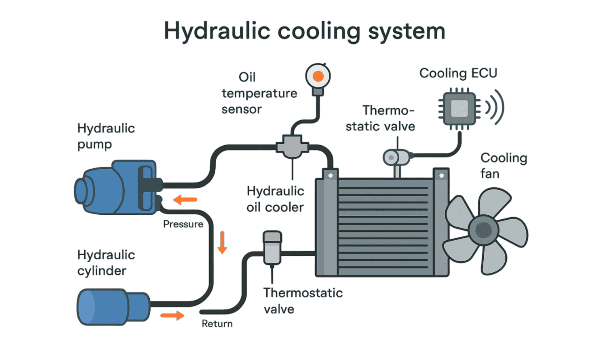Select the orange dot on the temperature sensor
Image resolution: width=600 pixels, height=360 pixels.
[x=318, y=76]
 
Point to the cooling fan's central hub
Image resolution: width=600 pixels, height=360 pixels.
[x=483, y=230]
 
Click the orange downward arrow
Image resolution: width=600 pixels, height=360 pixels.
[x=222, y=242]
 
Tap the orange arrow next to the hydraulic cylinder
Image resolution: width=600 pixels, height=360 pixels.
[x=172, y=315]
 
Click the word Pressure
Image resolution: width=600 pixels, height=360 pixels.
[x=183, y=224]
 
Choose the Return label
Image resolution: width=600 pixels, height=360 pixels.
[x=217, y=324]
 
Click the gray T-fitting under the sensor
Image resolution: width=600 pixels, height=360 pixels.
[x=292, y=147]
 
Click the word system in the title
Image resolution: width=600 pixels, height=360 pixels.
[x=407, y=32]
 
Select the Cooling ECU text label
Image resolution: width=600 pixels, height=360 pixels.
[x=458, y=73]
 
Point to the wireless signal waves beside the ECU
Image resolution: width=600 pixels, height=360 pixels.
[x=494, y=107]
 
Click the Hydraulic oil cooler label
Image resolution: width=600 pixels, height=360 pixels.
[x=275, y=199]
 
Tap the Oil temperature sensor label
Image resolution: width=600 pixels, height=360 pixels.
[x=259, y=93]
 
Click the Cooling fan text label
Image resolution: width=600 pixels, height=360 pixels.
[x=503, y=166]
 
